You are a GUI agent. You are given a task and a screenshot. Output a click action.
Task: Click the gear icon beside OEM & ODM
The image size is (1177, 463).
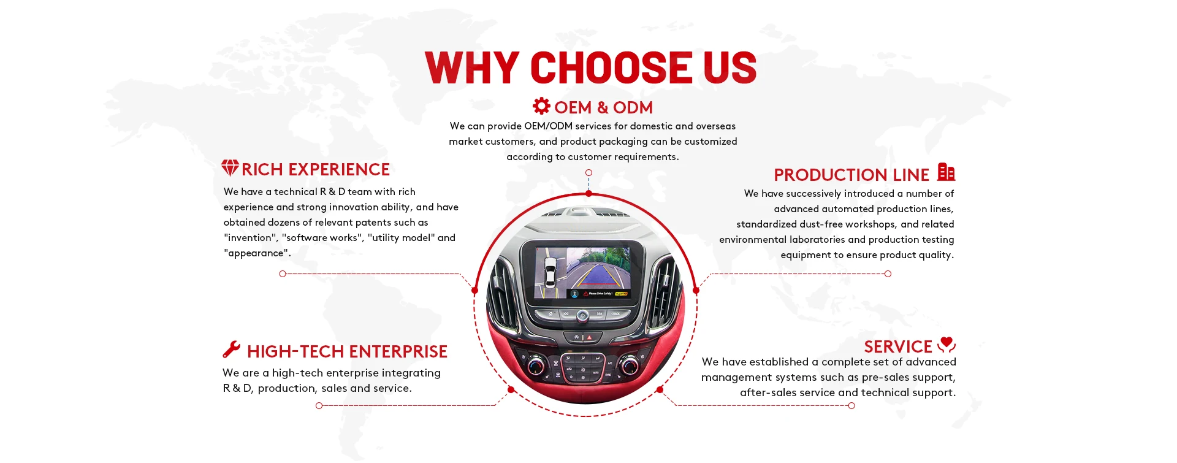pos(541,106)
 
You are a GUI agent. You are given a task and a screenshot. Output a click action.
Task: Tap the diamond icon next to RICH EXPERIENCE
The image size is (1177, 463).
pos(230,168)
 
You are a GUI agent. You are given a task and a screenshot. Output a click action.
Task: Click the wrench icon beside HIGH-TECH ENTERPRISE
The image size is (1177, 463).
pos(231,350)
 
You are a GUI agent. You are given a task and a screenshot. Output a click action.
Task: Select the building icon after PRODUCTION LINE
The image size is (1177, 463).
pos(946,172)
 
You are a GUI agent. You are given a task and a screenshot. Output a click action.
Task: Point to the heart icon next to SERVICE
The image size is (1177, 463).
pos(947,344)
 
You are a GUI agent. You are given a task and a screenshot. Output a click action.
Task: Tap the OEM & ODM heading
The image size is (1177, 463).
pos(603,108)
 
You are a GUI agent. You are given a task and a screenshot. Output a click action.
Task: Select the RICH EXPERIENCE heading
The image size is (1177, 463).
pos(316,170)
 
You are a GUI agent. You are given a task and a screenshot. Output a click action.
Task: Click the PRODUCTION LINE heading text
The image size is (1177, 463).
pos(851,175)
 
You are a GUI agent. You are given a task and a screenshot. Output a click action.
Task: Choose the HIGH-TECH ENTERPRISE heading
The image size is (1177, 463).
pos(347,352)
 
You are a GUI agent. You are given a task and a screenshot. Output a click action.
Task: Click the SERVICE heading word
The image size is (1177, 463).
pos(897,347)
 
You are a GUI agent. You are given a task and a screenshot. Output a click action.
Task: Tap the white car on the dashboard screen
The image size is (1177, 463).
pos(550,272)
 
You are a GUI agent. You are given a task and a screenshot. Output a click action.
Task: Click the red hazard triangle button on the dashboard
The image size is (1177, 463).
pos(590,337)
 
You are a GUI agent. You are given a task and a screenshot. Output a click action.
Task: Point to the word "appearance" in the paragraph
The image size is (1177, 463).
pos(256,253)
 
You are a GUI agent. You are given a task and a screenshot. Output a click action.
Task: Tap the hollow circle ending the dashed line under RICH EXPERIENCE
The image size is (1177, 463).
pos(283,274)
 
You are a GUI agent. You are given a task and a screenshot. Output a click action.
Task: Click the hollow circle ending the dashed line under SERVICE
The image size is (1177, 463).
pos(851,406)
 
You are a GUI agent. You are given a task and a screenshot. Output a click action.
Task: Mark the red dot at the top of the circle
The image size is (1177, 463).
pos(588,194)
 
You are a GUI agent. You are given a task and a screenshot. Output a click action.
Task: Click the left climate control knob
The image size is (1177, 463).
pos(535,365)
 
